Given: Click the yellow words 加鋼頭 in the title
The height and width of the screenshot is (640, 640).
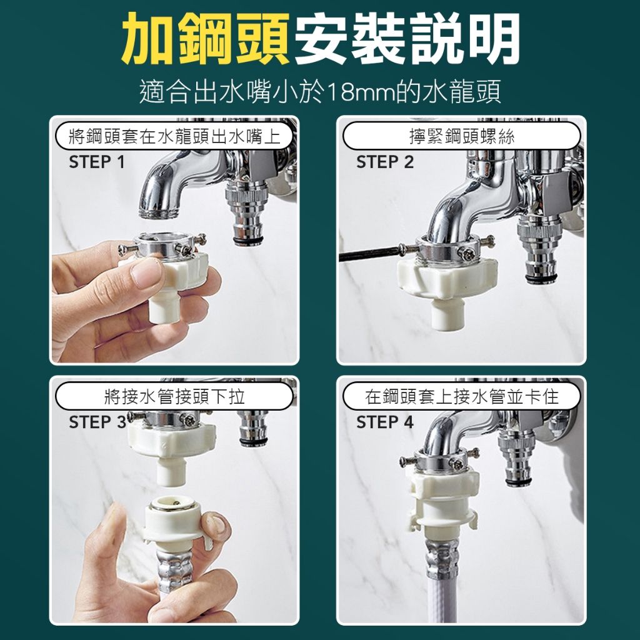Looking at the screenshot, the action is (x=206, y=39).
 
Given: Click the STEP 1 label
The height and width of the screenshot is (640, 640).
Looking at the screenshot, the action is (x=97, y=162).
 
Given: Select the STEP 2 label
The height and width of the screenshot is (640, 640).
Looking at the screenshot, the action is (x=385, y=162).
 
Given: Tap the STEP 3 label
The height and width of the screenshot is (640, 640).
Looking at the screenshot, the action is (x=98, y=422).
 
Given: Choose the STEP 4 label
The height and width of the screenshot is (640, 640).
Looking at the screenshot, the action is (x=385, y=422).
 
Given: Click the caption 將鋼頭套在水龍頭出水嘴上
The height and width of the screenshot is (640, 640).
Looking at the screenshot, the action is (x=174, y=136).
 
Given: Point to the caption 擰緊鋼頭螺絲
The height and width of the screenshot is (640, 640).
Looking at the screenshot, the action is (x=462, y=136).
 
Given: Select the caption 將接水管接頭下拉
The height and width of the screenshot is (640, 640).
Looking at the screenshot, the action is (x=174, y=396).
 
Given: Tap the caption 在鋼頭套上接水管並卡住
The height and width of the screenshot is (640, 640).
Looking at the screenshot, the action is (x=462, y=396).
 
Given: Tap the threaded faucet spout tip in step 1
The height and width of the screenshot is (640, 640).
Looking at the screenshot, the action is (x=159, y=212).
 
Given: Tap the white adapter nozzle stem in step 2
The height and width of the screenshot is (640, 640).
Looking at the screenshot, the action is (x=446, y=312).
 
